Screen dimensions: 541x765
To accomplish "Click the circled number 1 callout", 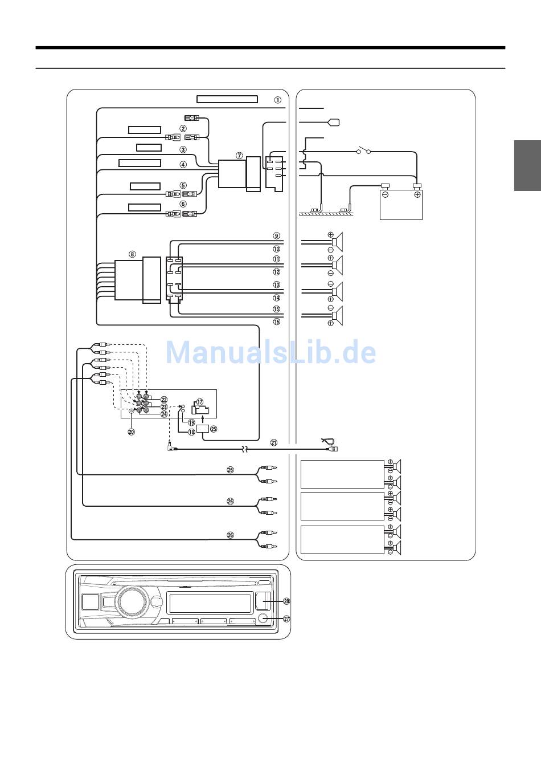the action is [278, 100].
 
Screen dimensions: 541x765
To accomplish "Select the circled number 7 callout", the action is [239, 156].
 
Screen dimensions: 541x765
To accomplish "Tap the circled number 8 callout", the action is [132, 254].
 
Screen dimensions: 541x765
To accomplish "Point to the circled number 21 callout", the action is [274, 442].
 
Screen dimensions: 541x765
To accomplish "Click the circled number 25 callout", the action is [214, 429].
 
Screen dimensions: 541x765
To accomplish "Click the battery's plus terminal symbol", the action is [417, 194].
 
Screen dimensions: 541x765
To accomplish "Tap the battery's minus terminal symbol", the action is [385, 194].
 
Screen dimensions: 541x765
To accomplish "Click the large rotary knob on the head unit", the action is [132, 602].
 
